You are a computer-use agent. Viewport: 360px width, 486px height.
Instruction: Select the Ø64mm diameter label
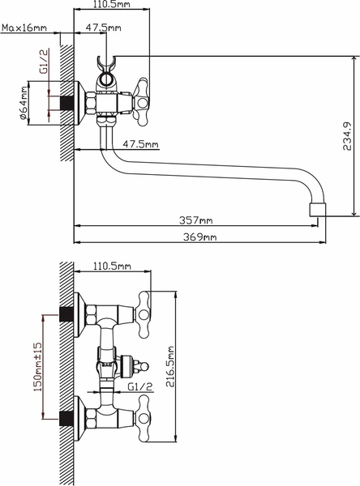point(24,104)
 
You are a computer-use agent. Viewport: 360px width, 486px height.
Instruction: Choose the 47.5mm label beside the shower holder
point(103,28)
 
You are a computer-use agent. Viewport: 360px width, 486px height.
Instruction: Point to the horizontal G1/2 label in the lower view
point(141,386)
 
